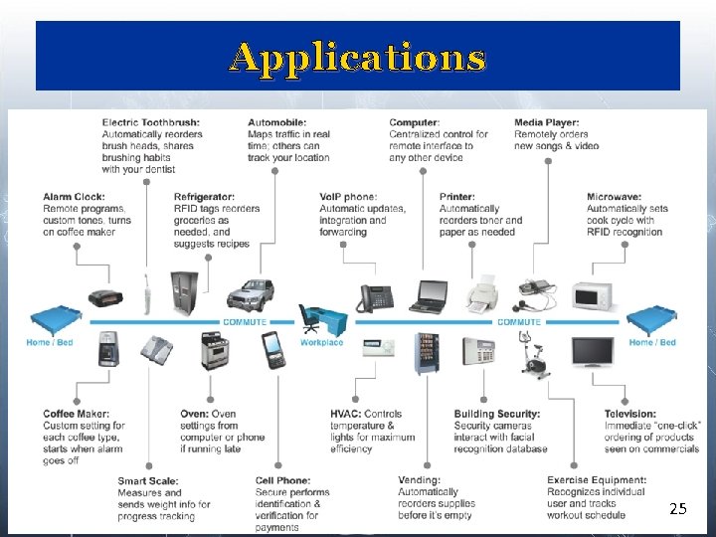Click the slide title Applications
357,58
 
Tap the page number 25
678,508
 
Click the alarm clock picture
105,297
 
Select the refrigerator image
184,292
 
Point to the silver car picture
251,294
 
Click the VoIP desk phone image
375,298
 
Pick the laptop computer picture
429,296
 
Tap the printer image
482,294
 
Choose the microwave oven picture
593,296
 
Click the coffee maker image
108,349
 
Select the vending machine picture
427,354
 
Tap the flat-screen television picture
593,352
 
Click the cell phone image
273,350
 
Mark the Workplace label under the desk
321,342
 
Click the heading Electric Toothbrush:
151,122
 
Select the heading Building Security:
497,414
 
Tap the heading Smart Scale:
148,481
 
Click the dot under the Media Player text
548,161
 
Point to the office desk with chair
323,318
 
